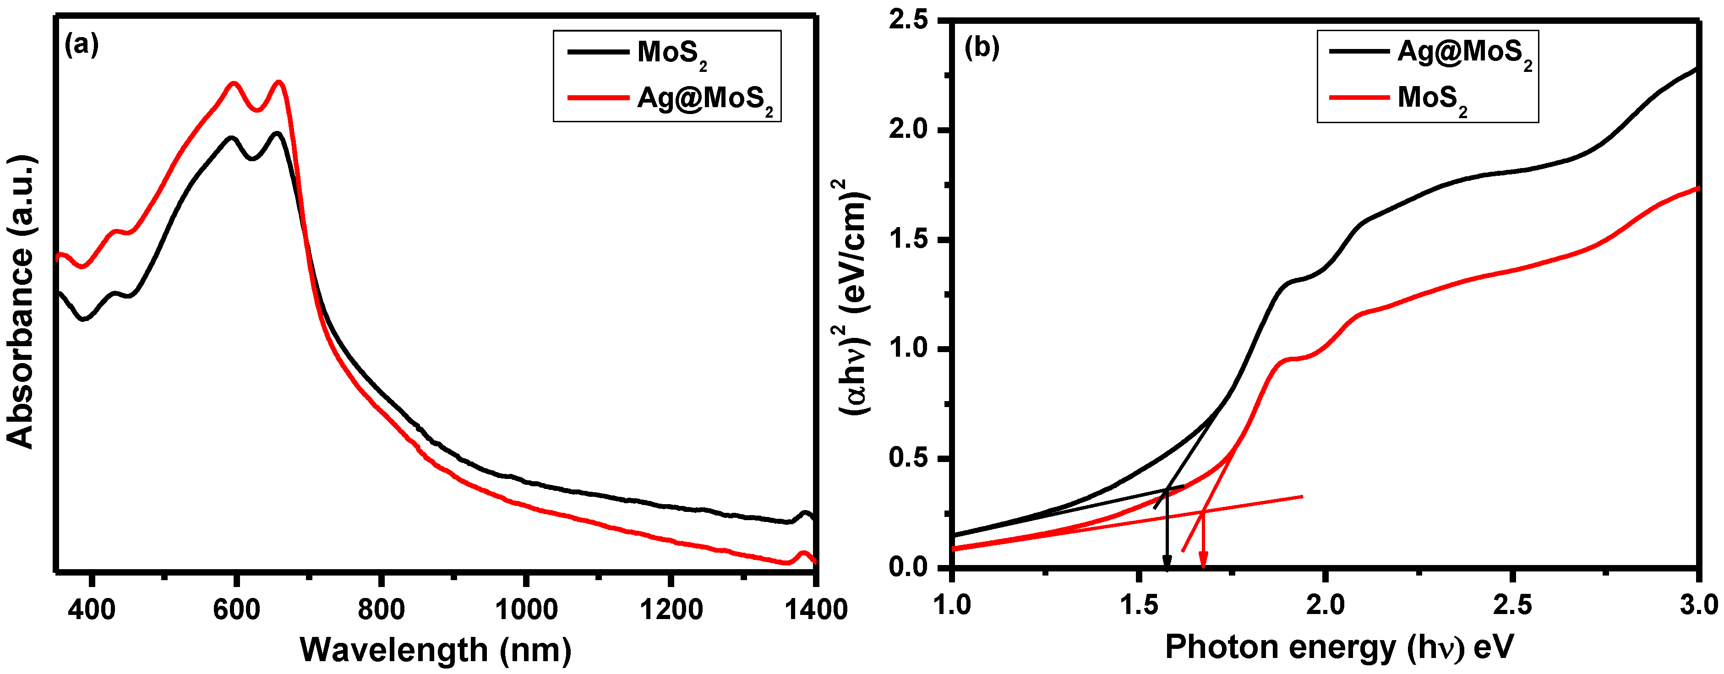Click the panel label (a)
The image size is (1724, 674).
pyautogui.click(x=82, y=45)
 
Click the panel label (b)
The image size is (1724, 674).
pyautogui.click(x=981, y=48)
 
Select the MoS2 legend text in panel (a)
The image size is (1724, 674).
pyautogui.click(x=671, y=54)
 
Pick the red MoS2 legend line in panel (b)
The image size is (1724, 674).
pyautogui.click(x=1358, y=98)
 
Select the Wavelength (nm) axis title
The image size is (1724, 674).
pyautogui.click(x=435, y=650)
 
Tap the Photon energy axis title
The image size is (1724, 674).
pyautogui.click(x=1338, y=648)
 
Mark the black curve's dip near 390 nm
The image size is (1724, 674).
pyautogui.click(x=84, y=319)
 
